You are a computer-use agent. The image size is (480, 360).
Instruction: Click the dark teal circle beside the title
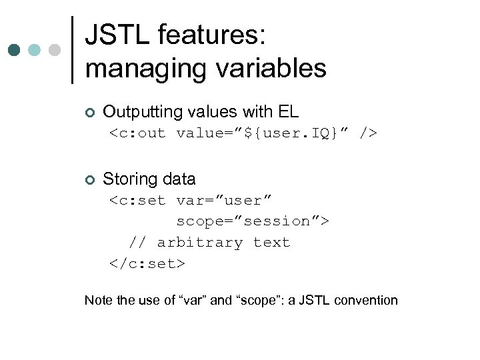15,50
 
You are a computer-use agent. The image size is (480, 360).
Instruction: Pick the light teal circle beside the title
35,50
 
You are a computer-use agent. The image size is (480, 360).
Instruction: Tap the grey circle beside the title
55,50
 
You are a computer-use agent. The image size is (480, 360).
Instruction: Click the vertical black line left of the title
71,50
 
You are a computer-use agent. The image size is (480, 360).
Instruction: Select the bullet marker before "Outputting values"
90,112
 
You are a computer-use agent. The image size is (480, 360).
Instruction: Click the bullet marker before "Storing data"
90,179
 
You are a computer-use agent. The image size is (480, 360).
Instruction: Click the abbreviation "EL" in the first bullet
289,111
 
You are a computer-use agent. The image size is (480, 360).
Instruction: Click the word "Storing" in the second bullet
127,179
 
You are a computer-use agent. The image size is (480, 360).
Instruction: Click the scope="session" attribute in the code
249,221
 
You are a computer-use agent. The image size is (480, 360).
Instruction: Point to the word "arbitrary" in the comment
199,243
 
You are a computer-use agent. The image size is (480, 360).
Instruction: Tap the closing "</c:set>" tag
147,264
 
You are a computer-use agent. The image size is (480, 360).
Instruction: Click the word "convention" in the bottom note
366,300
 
